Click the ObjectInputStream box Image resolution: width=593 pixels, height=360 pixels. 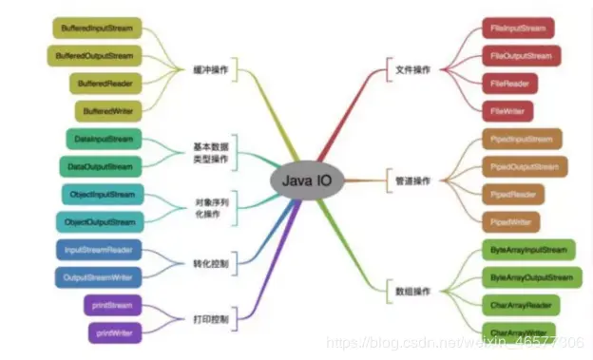[x=103, y=195]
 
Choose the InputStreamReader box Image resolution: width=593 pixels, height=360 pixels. [x=99, y=250]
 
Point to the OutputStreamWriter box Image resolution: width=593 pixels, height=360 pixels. [x=99, y=277]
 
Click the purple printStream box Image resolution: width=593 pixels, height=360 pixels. [x=113, y=305]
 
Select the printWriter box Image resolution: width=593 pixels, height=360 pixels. [x=115, y=332]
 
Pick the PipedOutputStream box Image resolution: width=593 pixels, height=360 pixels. [x=520, y=167]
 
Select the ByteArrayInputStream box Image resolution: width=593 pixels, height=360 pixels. [x=529, y=251]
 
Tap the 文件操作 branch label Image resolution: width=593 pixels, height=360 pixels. [x=413, y=69]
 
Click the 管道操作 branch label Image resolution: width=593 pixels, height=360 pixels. [x=413, y=180]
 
